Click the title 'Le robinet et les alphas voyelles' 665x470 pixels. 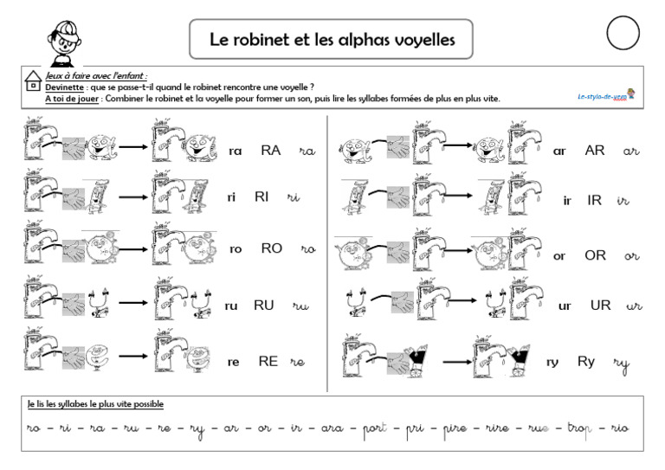[332, 39]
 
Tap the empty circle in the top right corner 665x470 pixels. [624, 35]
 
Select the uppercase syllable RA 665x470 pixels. [271, 150]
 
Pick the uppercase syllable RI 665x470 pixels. [262, 196]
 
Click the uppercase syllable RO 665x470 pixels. [272, 248]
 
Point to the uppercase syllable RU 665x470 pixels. [263, 305]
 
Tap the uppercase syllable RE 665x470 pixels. [268, 361]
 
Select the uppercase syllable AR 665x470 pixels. [595, 150]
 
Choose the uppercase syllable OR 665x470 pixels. [596, 255]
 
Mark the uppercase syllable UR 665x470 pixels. [600, 305]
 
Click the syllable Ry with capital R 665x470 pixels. [586, 361]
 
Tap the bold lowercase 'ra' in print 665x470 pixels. [236, 151]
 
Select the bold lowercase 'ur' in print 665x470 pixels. [565, 306]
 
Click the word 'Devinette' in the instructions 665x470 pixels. [64, 87]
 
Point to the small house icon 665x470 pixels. [32, 82]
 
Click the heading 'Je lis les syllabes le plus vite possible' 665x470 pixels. [95, 404]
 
